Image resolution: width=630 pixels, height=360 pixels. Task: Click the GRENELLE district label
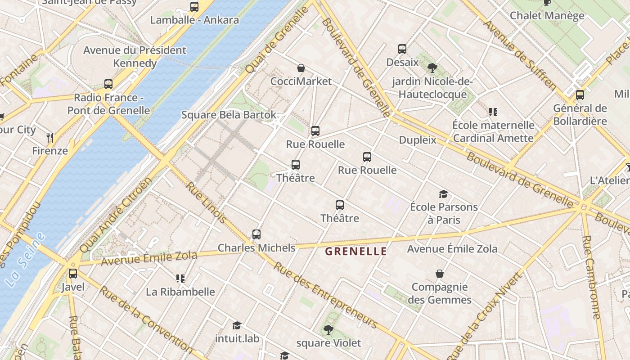click(356, 251)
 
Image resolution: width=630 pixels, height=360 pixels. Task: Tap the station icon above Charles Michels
click(256, 234)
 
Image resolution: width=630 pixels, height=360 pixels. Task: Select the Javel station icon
click(73, 274)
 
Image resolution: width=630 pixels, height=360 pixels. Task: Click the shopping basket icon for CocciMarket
click(301, 68)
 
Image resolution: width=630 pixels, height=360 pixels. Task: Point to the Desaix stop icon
click(402, 49)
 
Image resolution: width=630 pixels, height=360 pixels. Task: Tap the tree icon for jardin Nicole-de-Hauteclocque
click(432, 68)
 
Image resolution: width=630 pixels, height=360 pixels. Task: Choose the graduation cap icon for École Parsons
click(444, 194)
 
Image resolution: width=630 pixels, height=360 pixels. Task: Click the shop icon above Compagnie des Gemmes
click(440, 274)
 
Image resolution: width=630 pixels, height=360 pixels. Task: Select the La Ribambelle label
click(180, 292)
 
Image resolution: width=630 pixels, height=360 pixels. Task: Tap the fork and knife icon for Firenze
click(50, 137)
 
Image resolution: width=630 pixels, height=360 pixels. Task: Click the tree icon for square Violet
click(328, 330)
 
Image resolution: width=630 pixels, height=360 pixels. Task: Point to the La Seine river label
click(26, 260)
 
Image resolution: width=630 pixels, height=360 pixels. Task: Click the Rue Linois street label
click(207, 202)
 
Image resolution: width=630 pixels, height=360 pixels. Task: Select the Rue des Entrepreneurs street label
click(325, 295)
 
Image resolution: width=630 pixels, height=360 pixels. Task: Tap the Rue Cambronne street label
click(591, 277)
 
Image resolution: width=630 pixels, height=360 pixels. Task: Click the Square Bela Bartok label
click(229, 115)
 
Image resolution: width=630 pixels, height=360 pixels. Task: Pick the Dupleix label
click(418, 140)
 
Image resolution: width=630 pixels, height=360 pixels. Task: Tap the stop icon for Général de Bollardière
click(580, 95)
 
